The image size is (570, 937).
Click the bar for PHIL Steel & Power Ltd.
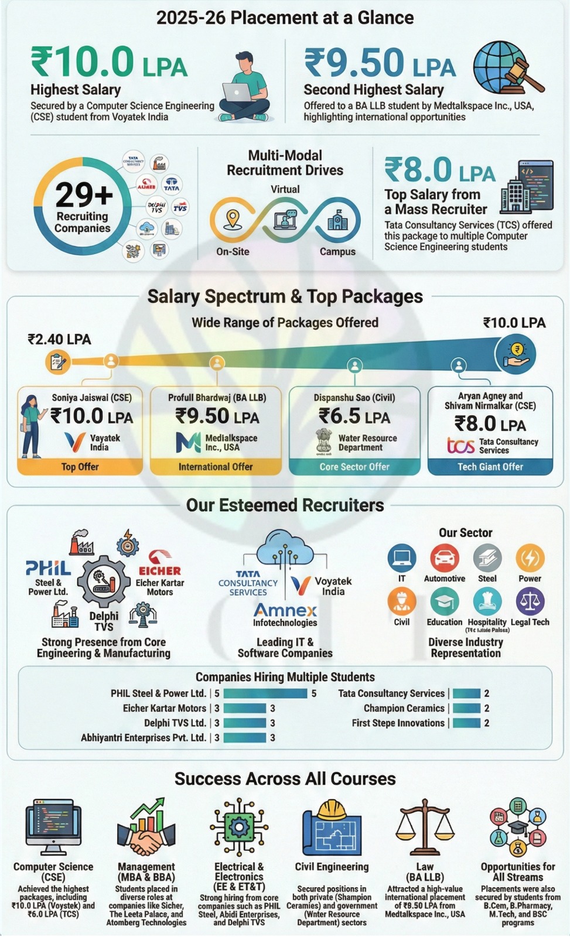click(x=265, y=693)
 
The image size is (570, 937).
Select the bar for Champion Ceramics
click(x=466, y=708)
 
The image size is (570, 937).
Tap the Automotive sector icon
click(x=444, y=558)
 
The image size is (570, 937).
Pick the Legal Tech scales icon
click(x=530, y=601)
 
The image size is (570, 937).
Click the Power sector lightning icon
click(x=530, y=558)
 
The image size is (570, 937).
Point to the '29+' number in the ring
click(x=84, y=195)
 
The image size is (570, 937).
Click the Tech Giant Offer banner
click(x=490, y=467)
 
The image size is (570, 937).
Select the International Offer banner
click(x=216, y=467)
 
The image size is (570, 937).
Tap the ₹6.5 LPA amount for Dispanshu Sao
click(x=354, y=416)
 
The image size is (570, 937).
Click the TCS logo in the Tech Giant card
click(x=460, y=446)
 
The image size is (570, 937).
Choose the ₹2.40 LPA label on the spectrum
click(x=59, y=340)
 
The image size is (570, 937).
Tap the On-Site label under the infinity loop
click(x=233, y=252)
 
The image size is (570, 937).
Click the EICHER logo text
click(x=159, y=570)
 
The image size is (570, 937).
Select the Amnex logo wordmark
click(x=285, y=610)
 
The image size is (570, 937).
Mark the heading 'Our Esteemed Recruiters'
click(x=285, y=505)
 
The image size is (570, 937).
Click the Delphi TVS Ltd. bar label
click(x=175, y=723)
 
